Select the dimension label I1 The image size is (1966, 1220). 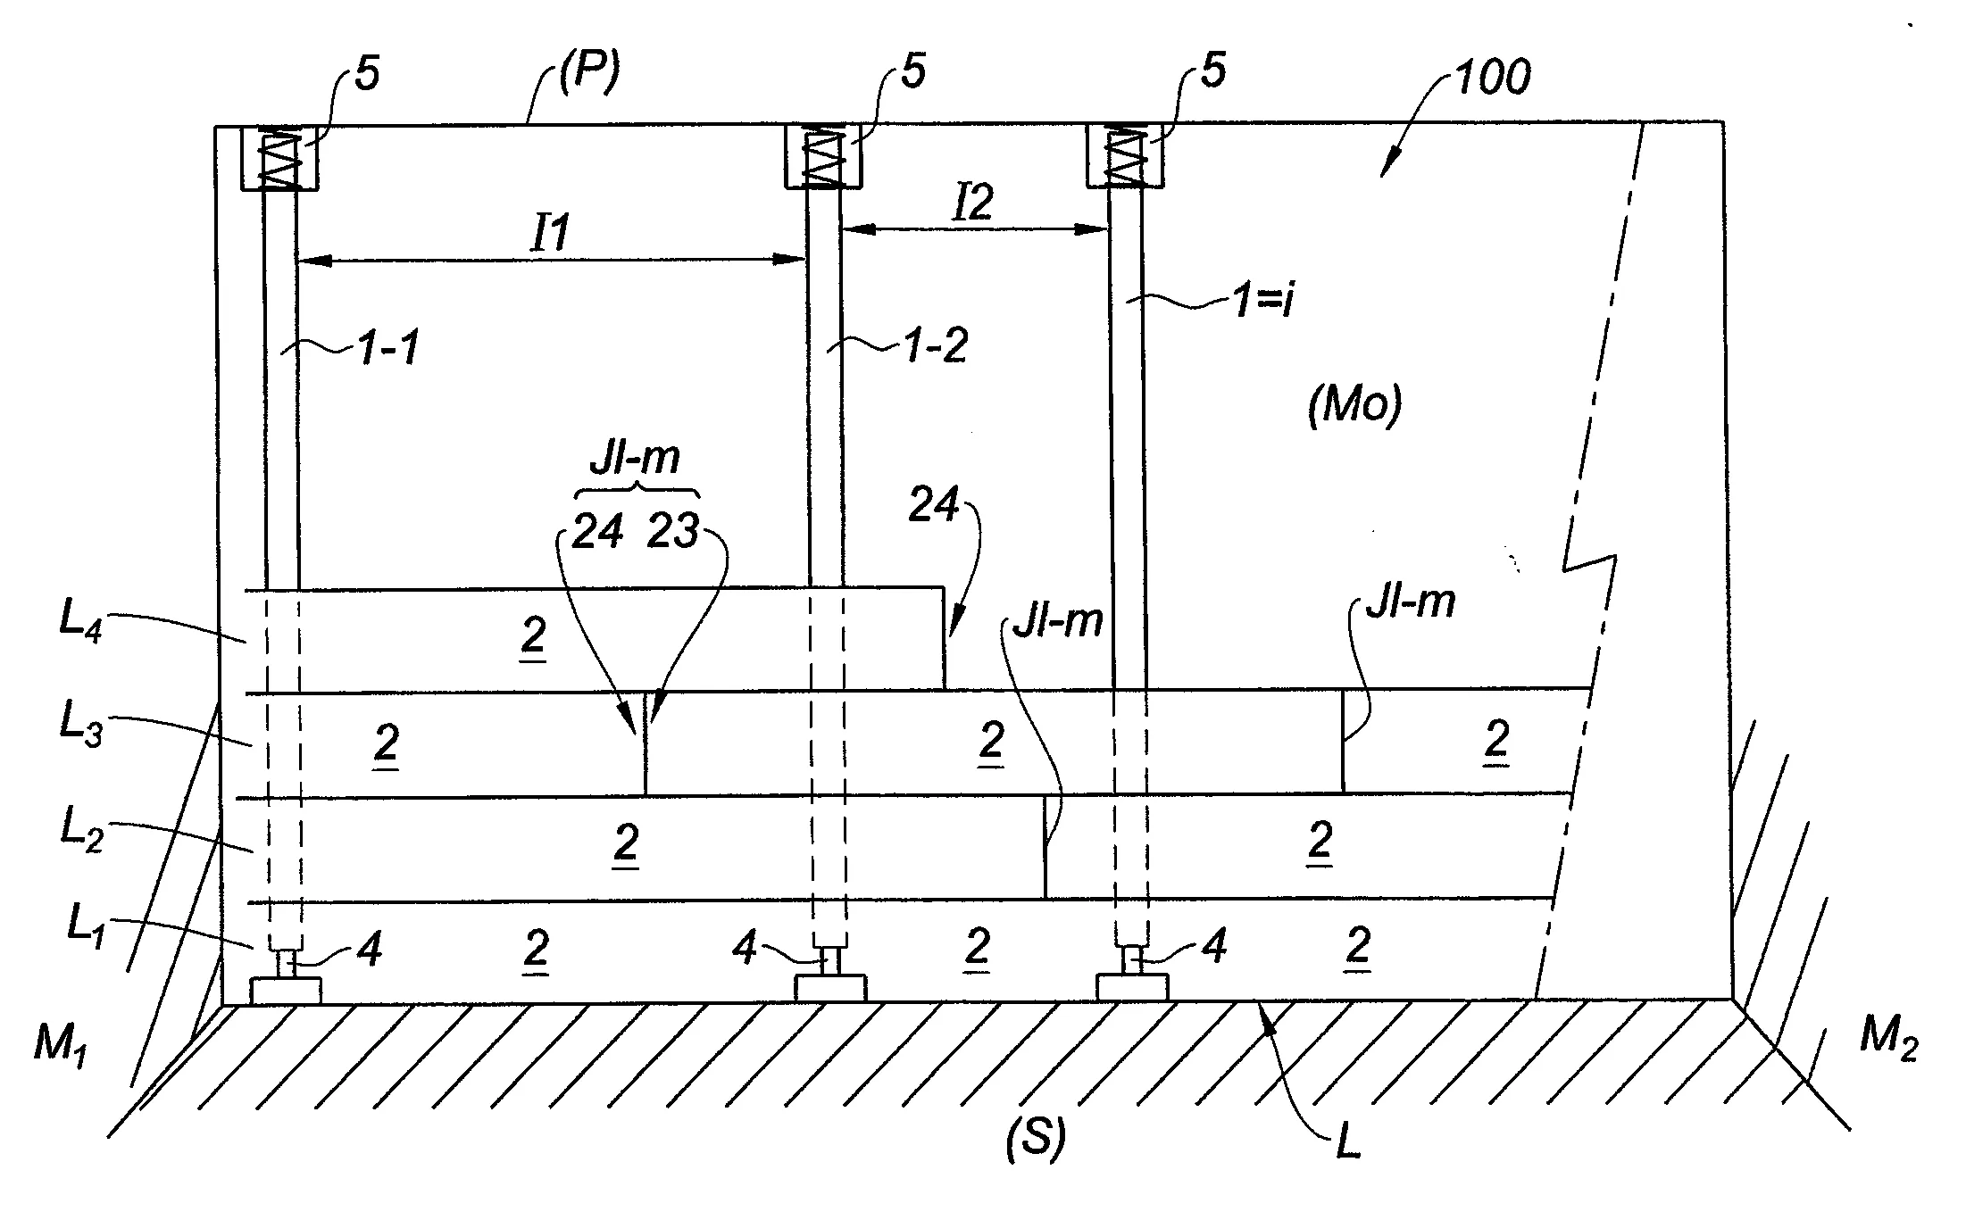point(551,234)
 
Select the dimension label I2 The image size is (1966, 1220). point(972,203)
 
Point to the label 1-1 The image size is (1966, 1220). point(387,349)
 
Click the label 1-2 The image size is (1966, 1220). point(935,345)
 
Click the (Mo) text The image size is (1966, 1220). point(1354,406)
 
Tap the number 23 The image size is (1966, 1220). point(672,532)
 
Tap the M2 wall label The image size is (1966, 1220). point(1887,1041)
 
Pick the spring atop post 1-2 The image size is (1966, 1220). point(822,157)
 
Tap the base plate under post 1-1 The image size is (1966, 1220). point(286,990)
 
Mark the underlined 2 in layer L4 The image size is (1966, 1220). point(533,637)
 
